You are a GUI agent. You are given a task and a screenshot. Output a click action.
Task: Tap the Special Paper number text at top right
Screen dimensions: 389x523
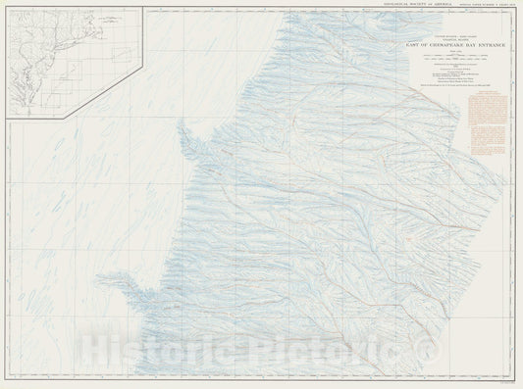coord(480,4)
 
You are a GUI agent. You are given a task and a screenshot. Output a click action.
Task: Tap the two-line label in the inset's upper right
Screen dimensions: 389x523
coord(123,18)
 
